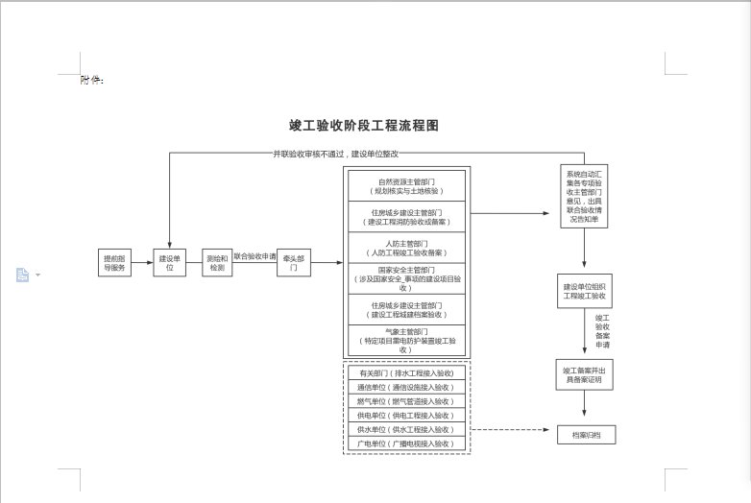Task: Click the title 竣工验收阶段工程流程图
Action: pyautogui.click(x=364, y=126)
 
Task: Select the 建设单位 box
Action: pyautogui.click(x=169, y=262)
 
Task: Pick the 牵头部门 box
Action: pyautogui.click(x=294, y=262)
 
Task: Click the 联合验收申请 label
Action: pyautogui.click(x=254, y=256)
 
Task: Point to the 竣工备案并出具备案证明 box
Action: pyautogui.click(x=585, y=373)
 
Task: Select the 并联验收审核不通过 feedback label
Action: pyautogui.click(x=335, y=154)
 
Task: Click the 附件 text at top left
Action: pyautogui.click(x=92, y=80)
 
